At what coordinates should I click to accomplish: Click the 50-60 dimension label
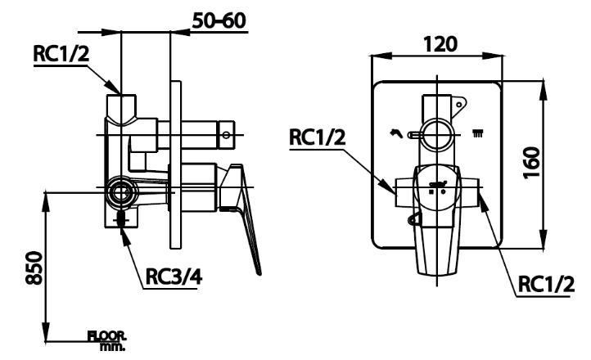tap(221, 19)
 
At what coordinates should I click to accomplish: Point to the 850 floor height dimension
tap(31, 267)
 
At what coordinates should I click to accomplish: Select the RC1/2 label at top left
tap(61, 53)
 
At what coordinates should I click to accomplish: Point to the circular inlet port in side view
tap(123, 192)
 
